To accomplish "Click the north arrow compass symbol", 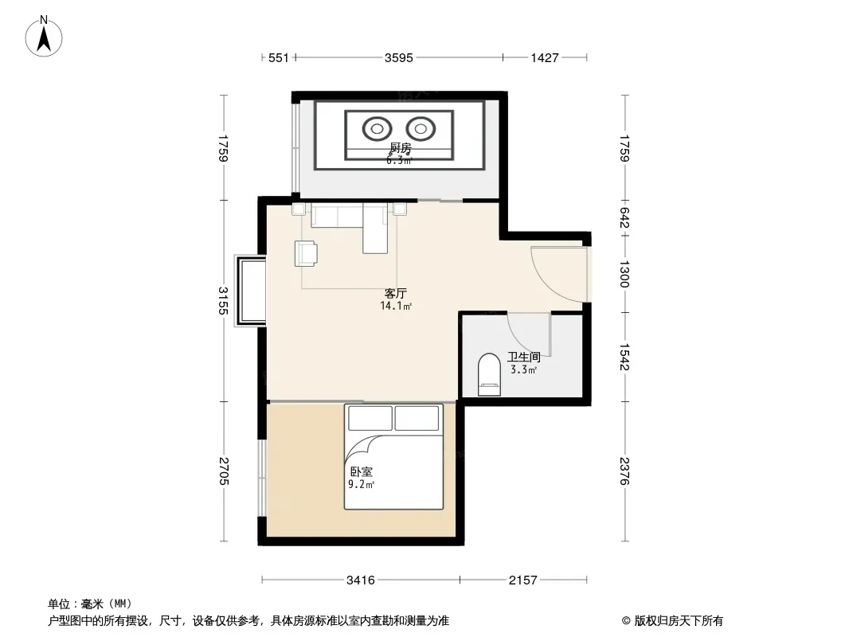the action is coord(44,37).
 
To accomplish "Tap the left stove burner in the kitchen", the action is coord(377,129).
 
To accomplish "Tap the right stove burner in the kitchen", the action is coord(421,129).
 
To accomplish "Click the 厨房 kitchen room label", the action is coord(401,147).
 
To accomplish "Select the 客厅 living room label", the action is coord(395,293).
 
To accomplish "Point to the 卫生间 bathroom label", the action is coord(523,358).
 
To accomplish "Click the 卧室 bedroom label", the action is coord(361,472).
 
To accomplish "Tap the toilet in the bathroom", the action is coord(490,374).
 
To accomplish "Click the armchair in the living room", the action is coord(306,253).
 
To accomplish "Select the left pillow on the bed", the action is coord(370,418).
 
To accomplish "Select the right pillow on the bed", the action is coord(417,418).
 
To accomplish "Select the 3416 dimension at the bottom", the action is coord(361,580).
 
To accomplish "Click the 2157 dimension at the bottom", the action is coord(522,580).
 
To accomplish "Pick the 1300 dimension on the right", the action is coord(624,274).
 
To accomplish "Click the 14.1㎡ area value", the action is coord(396,307).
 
